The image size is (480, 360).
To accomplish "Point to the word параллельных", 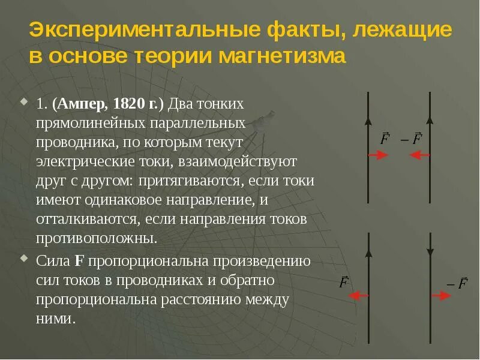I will click(x=197, y=122).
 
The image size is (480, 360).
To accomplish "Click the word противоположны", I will click(x=96, y=238).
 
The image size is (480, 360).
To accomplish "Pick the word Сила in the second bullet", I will click(x=53, y=261).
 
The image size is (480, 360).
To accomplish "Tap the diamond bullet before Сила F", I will click(x=24, y=259).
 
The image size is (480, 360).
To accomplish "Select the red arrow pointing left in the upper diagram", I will click(x=420, y=155).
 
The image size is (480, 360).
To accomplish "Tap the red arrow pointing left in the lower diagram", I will click(x=358, y=295).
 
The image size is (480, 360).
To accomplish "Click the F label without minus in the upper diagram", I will click(x=385, y=139).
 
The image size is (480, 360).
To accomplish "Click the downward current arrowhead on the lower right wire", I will click(x=430, y=252).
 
